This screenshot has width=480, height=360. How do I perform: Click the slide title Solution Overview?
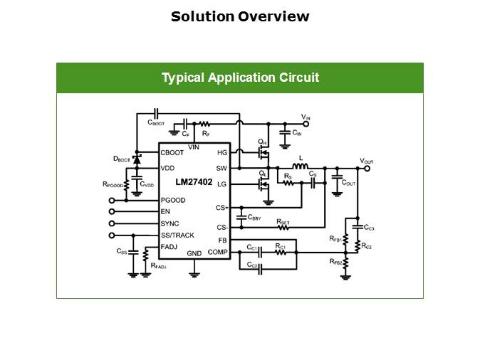[x=240, y=16]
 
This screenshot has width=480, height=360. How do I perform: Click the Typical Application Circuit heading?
[x=240, y=78]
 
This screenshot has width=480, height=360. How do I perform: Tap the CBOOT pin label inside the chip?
[x=172, y=152]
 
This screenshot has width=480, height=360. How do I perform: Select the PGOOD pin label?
[x=174, y=201]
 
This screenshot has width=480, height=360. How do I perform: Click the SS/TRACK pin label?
[x=177, y=235]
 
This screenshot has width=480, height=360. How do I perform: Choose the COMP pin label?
[x=217, y=252]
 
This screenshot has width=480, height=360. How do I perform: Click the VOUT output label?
[x=366, y=162]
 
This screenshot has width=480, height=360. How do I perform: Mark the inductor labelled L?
[x=300, y=159]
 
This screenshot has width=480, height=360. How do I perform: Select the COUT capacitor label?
[x=348, y=183]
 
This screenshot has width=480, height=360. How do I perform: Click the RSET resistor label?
[x=283, y=222]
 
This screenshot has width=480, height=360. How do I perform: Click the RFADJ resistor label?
[x=158, y=265]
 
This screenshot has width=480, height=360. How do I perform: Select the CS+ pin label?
[x=221, y=208]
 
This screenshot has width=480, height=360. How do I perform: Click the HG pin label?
[x=222, y=152]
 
